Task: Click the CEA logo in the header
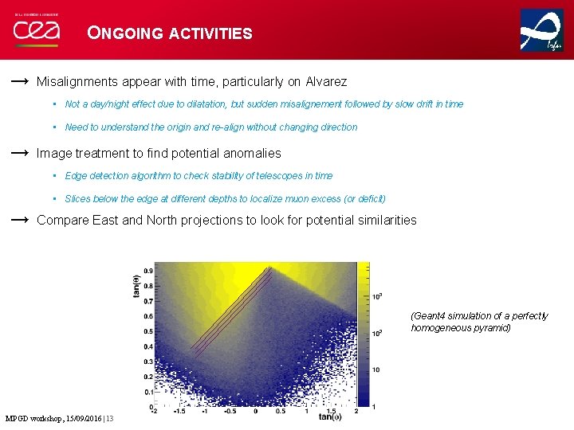pos(35,31)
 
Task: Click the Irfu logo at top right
pos(541,30)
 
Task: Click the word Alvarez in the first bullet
pos(326,81)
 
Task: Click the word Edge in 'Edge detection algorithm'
pos(76,176)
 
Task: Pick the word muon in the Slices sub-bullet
pos(298,199)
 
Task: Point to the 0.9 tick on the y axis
pos(147,271)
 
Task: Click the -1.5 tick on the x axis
pos(179,412)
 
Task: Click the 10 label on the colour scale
pos(375,369)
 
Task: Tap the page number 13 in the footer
pos(110,419)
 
